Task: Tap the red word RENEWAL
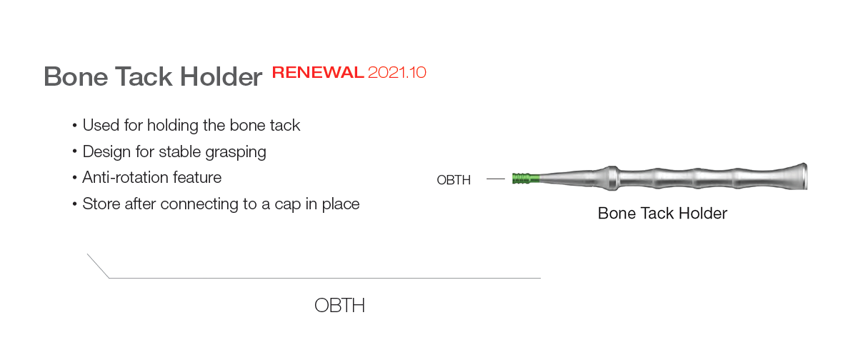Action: pyautogui.click(x=318, y=72)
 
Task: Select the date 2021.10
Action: pyautogui.click(x=397, y=72)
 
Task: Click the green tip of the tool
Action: pyautogui.click(x=526, y=179)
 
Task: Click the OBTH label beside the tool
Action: pyautogui.click(x=454, y=180)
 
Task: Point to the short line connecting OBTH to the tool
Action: pyautogui.click(x=496, y=179)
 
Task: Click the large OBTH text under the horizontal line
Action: pyautogui.click(x=339, y=305)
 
